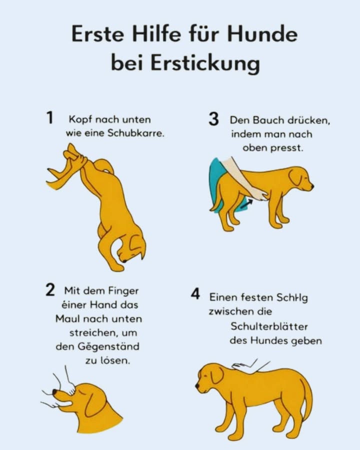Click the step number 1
49,118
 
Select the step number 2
49,290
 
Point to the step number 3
213,120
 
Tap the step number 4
195,294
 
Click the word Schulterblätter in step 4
269,326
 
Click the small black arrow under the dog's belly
244,202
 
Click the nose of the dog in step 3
311,186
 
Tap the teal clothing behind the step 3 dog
217,180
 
